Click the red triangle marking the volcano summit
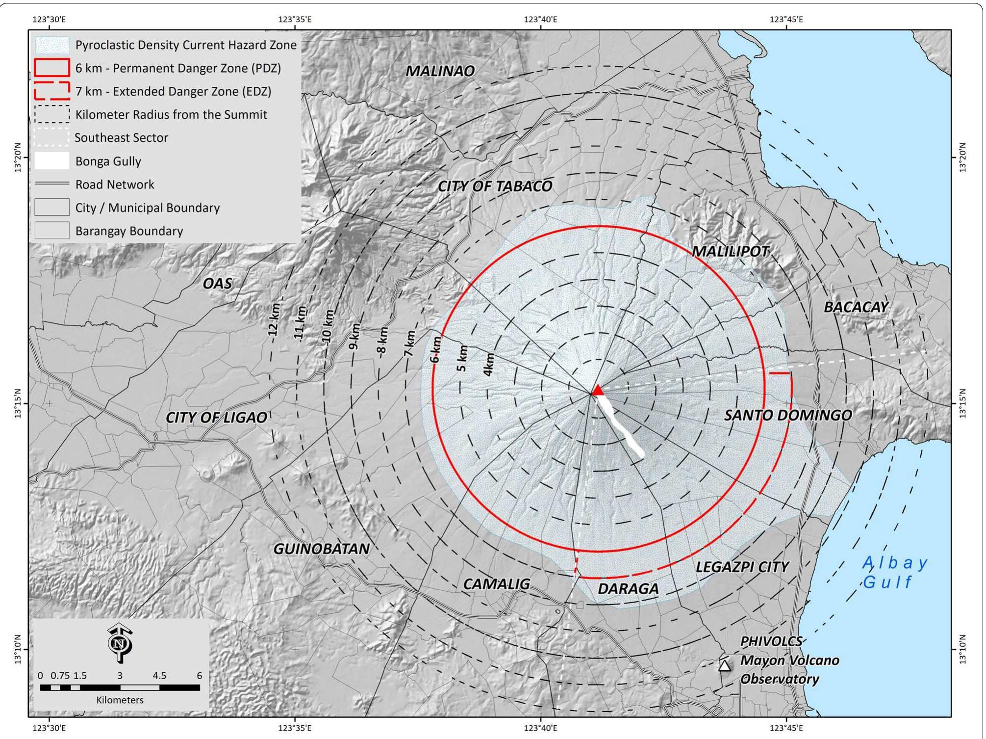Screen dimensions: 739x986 coord(597,391)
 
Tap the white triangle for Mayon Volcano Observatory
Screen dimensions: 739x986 coord(724,666)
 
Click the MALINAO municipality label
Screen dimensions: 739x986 coord(440,71)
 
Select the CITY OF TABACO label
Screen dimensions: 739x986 coord(495,186)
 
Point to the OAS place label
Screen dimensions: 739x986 coord(217,283)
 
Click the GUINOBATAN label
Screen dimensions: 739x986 coord(321,549)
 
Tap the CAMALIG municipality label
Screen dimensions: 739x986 coord(496,584)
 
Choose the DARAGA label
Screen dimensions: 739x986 coord(628,588)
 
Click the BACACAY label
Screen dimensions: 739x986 coord(856,307)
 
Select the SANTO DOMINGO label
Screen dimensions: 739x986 coord(787,415)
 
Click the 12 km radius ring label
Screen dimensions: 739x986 coord(274,319)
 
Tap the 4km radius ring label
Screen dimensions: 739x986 coord(488,364)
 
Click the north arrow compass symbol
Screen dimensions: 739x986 coord(120,643)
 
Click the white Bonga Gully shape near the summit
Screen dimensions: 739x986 coord(621,426)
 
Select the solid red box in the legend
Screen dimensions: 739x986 coord(51,68)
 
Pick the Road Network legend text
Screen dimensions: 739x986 coord(114,185)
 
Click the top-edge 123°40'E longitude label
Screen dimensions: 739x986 coord(540,19)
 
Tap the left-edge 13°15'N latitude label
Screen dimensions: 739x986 coord(17,403)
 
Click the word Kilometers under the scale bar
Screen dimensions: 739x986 coord(120,700)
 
